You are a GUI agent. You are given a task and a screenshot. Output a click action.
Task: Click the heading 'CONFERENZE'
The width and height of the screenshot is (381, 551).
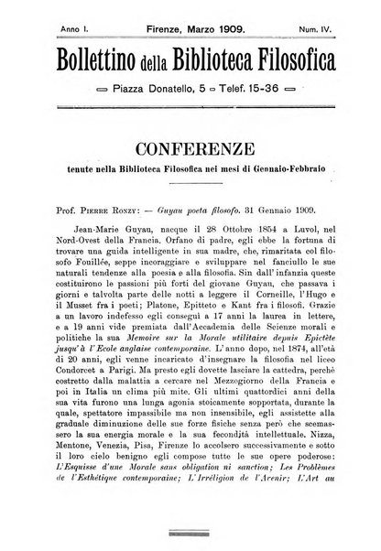click(191, 146)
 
